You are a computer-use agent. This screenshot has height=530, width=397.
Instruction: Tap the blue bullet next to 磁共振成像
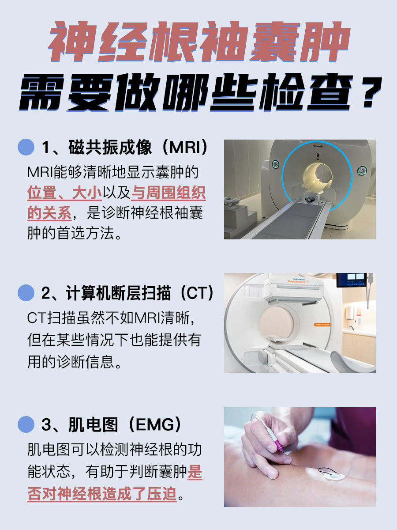click(26, 147)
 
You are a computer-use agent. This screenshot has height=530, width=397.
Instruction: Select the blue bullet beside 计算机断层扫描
click(26, 292)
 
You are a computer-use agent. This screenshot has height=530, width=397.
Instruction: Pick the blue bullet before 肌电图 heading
click(26, 424)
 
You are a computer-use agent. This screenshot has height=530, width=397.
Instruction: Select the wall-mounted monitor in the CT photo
click(352, 280)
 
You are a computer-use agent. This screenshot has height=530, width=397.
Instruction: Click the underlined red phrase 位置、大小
click(64, 193)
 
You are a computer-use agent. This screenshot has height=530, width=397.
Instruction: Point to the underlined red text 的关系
click(49, 213)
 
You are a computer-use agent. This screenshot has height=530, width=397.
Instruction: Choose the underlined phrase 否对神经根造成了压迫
click(101, 493)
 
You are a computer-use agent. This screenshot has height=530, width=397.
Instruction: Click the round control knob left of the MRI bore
click(275, 165)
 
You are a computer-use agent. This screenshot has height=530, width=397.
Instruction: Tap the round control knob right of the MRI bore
click(362, 169)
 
